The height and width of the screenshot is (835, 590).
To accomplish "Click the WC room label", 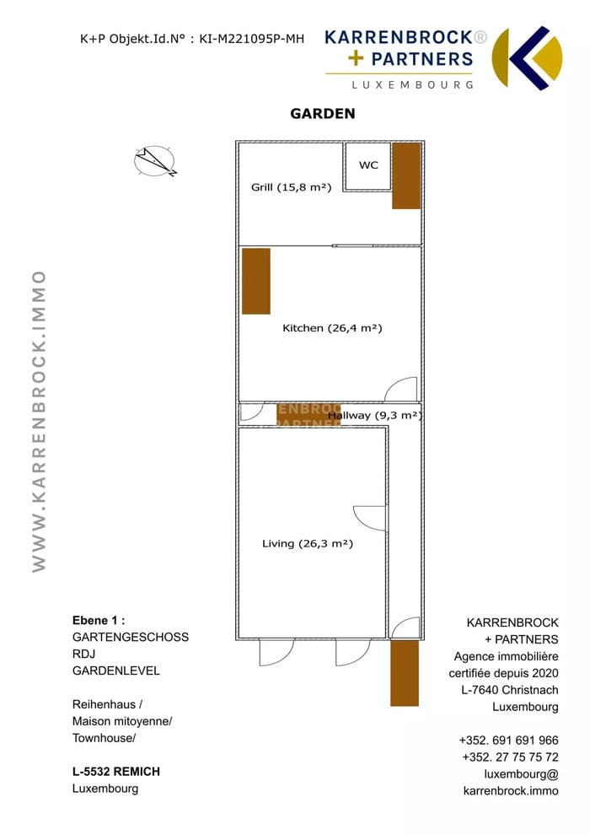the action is click(x=368, y=165).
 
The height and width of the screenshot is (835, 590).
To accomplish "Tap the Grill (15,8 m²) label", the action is click(x=291, y=187).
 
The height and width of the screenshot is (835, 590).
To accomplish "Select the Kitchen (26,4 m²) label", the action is click(x=332, y=328).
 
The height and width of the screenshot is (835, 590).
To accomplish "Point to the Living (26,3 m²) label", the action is click(x=308, y=544).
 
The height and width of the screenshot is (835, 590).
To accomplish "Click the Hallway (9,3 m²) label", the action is click(x=375, y=415).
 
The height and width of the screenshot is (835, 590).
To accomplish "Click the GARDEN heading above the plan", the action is click(x=323, y=113).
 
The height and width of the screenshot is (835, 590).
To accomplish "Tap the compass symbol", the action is click(x=155, y=161).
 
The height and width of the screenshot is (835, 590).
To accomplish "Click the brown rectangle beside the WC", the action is click(x=406, y=176).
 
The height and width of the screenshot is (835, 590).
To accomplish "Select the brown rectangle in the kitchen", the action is click(x=256, y=281).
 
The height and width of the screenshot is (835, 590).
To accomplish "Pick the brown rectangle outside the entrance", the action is click(x=405, y=674).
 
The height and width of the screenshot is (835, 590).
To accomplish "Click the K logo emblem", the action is click(x=528, y=58).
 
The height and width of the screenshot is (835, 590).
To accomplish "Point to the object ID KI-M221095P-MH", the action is click(x=252, y=38).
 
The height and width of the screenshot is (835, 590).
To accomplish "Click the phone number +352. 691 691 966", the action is click(x=508, y=741).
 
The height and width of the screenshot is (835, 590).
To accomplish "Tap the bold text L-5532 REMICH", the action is click(x=116, y=772).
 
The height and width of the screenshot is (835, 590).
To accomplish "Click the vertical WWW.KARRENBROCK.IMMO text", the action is click(x=39, y=421).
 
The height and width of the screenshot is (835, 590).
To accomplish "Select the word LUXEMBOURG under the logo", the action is click(x=412, y=84).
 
